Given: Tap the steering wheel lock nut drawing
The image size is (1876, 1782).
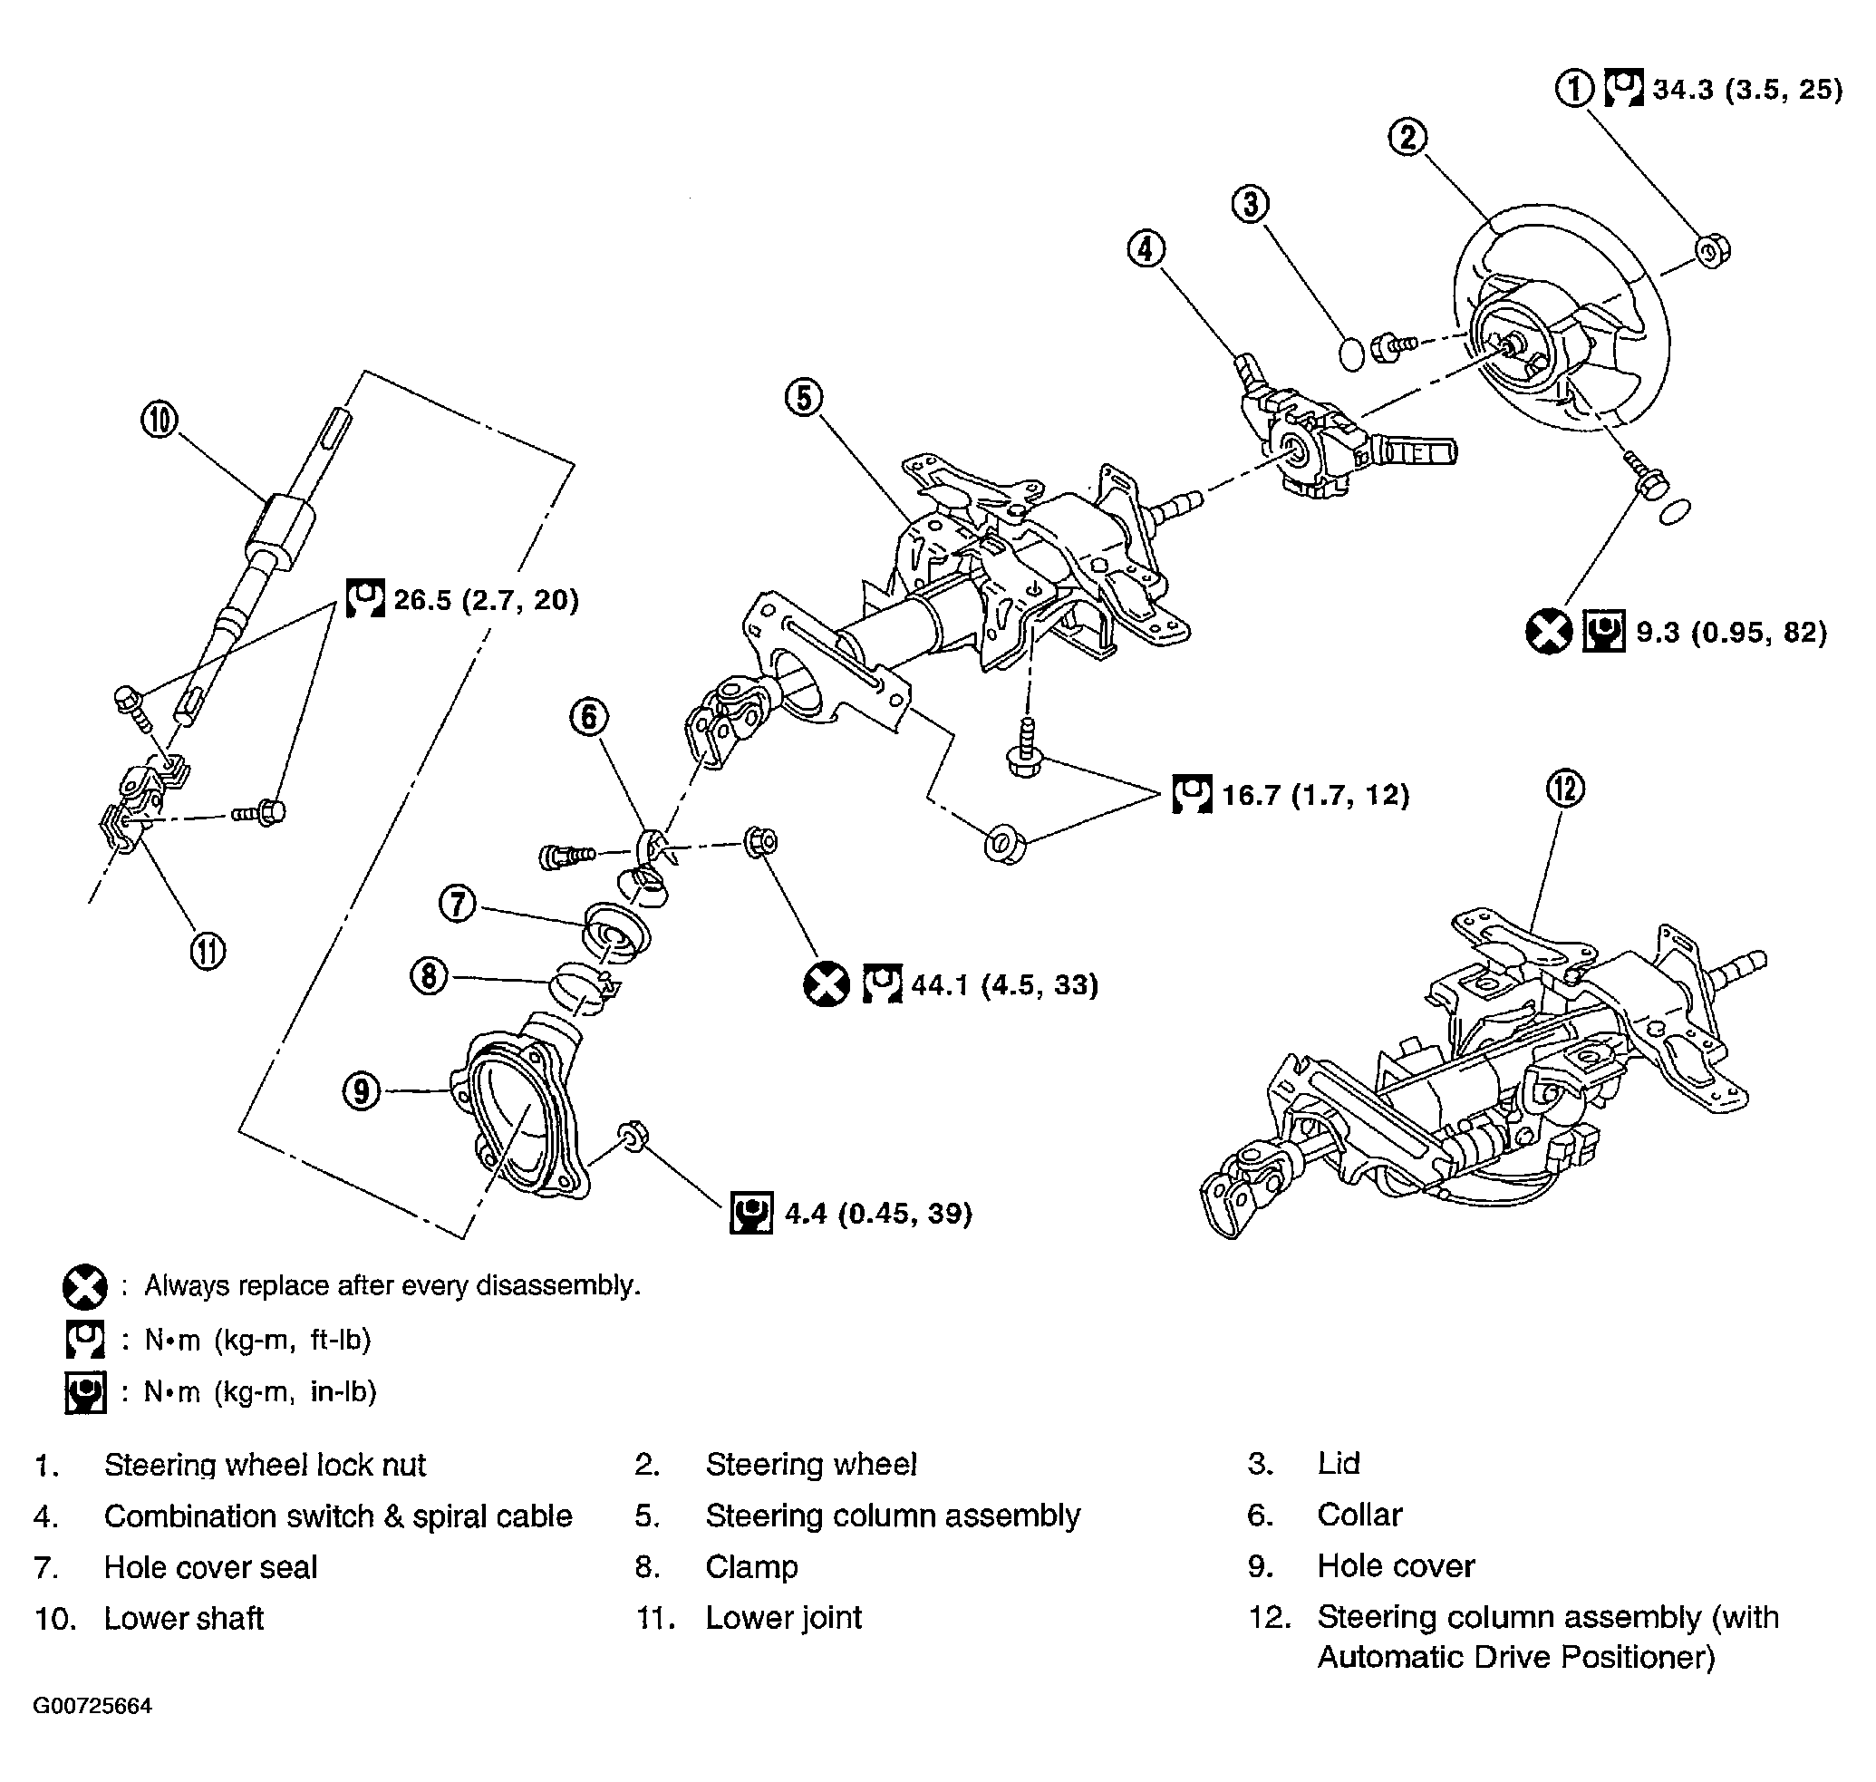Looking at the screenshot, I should click(1712, 251).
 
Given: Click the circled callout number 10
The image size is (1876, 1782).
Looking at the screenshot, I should click(160, 419).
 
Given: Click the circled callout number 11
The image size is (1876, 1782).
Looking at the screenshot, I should click(208, 951).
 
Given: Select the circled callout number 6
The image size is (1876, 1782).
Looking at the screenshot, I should click(589, 717).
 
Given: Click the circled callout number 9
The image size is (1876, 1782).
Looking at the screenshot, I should click(361, 1090).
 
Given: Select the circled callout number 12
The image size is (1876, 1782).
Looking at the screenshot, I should click(1565, 789).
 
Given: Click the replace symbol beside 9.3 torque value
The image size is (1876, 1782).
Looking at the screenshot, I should click(1548, 632).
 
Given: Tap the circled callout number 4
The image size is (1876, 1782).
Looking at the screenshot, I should click(1146, 249).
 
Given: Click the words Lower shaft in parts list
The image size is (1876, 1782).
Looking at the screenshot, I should click(183, 1618).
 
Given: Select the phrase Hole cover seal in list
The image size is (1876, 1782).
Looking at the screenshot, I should click(210, 1566).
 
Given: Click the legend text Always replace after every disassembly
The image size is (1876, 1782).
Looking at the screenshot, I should click(392, 1285).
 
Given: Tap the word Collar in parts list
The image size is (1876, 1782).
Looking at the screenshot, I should click(1359, 1516).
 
